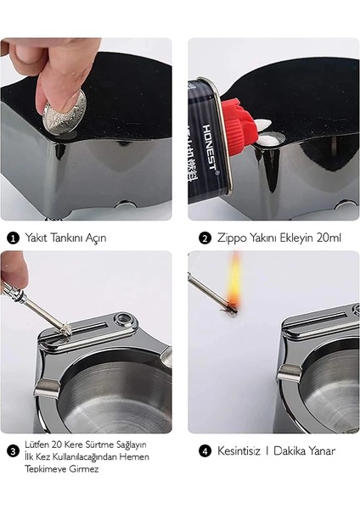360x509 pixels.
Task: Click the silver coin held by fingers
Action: tap(65, 112)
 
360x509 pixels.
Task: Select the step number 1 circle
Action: tap(13, 238)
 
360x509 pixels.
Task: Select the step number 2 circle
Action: tap(205, 238)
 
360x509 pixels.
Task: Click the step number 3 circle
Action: tap(13, 451)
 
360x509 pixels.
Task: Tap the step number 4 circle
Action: tap(205, 451)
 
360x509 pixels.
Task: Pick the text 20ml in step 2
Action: tap(329, 238)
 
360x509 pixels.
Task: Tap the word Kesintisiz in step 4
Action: tap(239, 451)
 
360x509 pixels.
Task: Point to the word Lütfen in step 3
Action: tap(37, 444)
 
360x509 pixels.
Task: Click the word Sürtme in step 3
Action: tap(98, 444)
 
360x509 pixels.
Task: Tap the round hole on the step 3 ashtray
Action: tap(124, 320)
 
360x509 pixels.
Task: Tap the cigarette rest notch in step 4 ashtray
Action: tap(289, 373)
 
